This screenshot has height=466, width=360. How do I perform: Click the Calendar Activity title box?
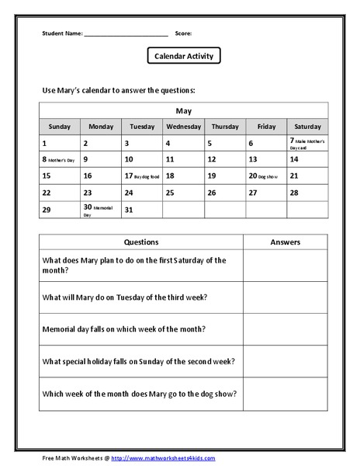tap(184, 56)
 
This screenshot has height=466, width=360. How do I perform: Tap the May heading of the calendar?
tap(184, 110)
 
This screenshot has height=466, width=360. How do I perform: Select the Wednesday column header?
tap(184, 127)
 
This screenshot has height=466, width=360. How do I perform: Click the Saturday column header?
tap(307, 127)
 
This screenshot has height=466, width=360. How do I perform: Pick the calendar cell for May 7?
tap(307, 144)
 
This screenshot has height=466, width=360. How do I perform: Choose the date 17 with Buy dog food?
tap(142, 176)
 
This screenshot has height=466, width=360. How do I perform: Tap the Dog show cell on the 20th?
tap(266, 176)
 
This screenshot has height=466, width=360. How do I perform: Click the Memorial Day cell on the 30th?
tap(101, 210)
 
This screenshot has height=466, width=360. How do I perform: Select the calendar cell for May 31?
tap(142, 210)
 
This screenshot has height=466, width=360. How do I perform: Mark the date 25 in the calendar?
tap(184, 193)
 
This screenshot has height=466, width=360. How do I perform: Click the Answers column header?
tap(285, 242)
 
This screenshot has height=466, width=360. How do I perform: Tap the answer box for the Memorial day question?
tap(285, 329)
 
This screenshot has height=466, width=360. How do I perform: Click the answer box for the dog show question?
tap(285, 394)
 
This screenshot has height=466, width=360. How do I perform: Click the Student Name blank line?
tap(126, 34)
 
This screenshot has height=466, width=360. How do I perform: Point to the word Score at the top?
tap(183, 33)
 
